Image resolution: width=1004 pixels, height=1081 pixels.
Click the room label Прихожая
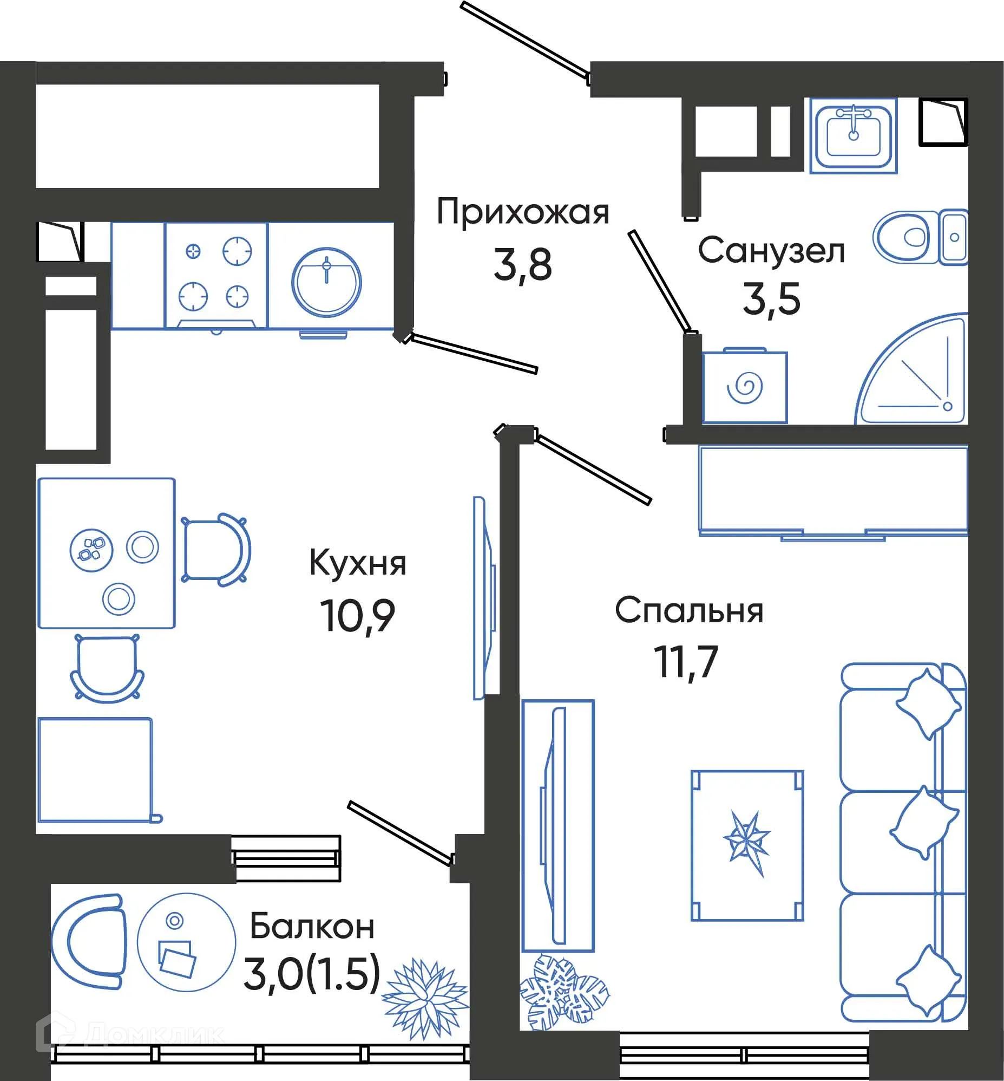point(523,212)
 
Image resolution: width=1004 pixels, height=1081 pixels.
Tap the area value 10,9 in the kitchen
point(357,616)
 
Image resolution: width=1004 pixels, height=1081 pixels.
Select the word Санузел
point(771,252)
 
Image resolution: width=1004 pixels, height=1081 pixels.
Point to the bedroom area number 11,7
point(686,662)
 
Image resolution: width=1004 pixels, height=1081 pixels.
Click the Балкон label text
point(312,927)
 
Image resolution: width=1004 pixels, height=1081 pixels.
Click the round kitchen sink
point(326,282)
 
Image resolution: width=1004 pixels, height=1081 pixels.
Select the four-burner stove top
point(216,275)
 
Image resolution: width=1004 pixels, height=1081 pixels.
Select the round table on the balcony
point(186,942)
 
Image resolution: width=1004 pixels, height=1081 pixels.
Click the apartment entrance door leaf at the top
point(525,40)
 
